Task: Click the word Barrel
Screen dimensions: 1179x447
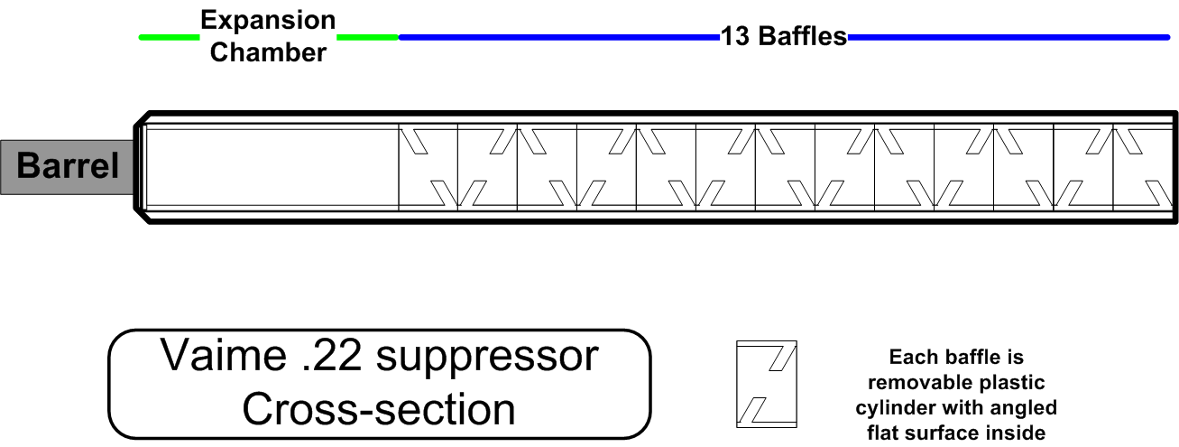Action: [68, 165]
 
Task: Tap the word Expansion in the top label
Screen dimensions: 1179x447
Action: [268, 21]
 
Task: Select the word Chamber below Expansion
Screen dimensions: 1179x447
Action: [268, 52]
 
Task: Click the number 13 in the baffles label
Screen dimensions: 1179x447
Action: [735, 36]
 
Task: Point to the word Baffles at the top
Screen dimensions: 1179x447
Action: [803, 36]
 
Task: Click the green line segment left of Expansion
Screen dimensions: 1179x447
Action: [169, 37]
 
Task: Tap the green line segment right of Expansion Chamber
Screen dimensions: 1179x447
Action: [367, 37]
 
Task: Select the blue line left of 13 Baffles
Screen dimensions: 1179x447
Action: [559, 37]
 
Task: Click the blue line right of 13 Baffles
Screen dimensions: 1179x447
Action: [1009, 37]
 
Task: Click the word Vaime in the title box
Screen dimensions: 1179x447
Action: [223, 356]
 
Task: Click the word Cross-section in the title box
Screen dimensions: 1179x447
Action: [379, 410]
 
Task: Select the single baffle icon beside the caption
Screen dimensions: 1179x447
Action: [767, 385]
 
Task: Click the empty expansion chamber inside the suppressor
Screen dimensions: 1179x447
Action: [272, 167]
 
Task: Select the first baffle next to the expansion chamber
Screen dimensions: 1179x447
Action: [428, 167]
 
